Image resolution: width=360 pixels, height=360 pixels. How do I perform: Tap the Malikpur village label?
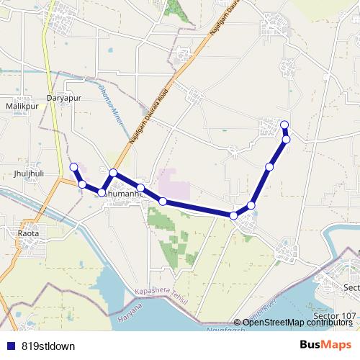point(21,106)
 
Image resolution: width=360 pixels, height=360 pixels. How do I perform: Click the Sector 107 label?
point(336,316)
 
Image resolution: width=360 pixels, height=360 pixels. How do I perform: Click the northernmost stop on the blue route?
point(284,125)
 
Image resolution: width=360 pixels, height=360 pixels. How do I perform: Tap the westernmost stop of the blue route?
point(73,168)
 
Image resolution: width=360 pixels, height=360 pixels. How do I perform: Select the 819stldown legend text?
point(48,346)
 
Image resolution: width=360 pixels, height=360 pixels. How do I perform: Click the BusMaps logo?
point(325,345)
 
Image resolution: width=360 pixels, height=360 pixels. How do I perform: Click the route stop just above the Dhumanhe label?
point(113,173)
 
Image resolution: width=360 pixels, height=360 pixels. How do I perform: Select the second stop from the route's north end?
point(286,139)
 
